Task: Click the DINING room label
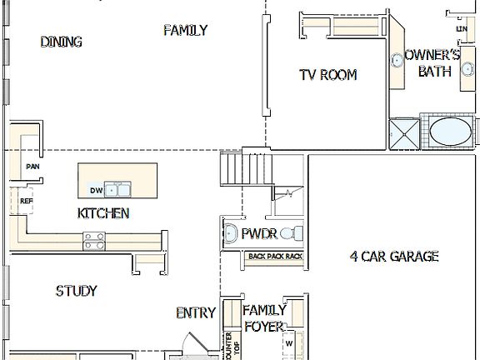click(x=61, y=42)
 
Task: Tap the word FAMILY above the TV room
click(x=185, y=31)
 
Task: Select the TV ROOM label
click(x=327, y=75)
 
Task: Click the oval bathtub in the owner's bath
click(x=450, y=132)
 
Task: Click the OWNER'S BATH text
click(x=432, y=63)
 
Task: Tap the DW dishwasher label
click(x=96, y=191)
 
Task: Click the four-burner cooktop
click(x=94, y=242)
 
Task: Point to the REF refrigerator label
click(x=26, y=201)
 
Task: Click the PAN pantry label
click(x=32, y=166)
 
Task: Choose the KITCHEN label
click(x=103, y=213)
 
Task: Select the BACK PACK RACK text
click(x=275, y=256)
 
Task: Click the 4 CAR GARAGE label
click(x=393, y=257)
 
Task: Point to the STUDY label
click(x=76, y=291)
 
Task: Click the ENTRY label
click(x=196, y=313)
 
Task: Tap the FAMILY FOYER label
click(x=264, y=317)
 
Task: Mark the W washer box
click(x=289, y=342)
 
